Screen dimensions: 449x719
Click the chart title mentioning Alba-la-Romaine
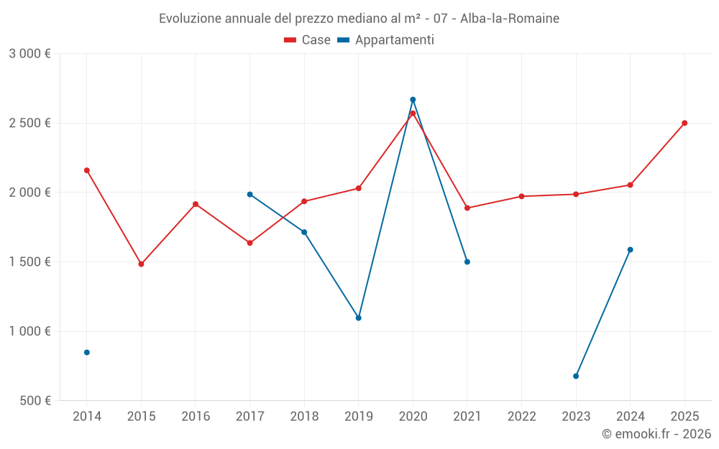tap(359, 18)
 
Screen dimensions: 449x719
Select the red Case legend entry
tap(308, 40)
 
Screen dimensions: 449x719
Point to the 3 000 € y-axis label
tap(29, 54)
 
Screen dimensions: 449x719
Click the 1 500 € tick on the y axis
tap(29, 262)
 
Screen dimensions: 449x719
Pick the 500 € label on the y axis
tap(34, 401)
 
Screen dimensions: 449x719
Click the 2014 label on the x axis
tap(87, 416)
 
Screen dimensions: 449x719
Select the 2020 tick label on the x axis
tap(413, 416)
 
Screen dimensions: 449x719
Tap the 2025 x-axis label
tap(684, 416)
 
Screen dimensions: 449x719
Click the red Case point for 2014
tap(87, 170)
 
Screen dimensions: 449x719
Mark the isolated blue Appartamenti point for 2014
tap(87, 352)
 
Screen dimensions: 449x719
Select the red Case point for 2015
tap(141, 264)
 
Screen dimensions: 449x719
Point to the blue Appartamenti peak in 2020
tap(413, 99)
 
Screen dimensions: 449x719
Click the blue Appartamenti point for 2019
tap(359, 318)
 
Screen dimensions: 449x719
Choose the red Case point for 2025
tap(684, 123)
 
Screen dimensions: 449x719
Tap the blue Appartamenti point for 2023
tap(576, 376)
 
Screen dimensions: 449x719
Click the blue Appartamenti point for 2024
tap(631, 249)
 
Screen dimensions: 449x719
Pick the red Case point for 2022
tap(522, 196)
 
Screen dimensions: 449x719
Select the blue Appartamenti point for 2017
tap(249, 194)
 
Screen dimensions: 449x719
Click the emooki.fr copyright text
tap(656, 434)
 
